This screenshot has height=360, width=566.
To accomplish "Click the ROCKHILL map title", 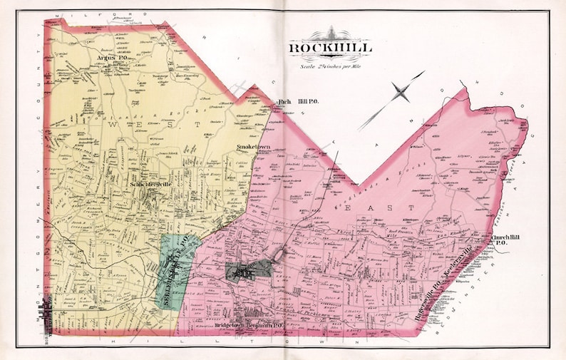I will pyautogui.click(x=330, y=49).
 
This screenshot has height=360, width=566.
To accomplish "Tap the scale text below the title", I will pyautogui.click(x=330, y=66).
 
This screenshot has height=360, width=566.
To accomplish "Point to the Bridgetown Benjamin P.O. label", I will pyautogui.click(x=249, y=326).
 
